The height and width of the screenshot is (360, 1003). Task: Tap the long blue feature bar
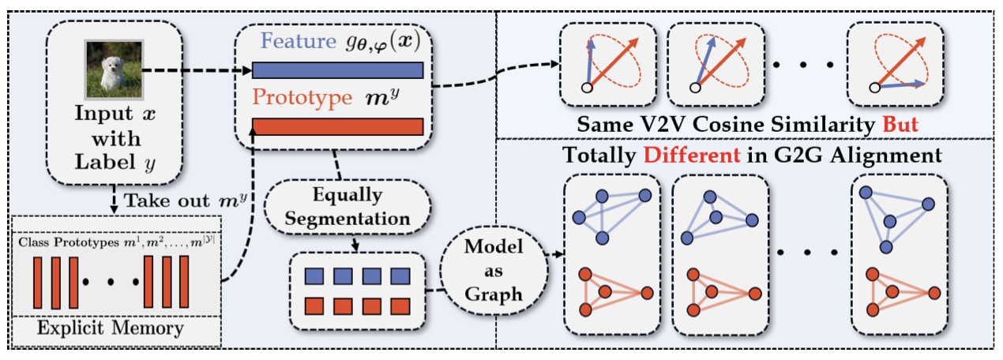(x=337, y=70)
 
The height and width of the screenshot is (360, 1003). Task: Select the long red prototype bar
(x=337, y=126)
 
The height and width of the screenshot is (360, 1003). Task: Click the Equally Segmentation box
(x=348, y=205)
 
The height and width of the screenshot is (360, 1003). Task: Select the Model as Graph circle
(x=493, y=270)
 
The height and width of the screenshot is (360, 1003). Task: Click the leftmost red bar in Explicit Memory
(x=36, y=282)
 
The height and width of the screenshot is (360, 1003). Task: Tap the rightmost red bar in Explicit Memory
(x=184, y=282)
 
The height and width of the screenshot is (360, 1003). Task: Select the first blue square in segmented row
(x=312, y=276)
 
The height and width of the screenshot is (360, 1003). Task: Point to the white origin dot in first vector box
(x=585, y=88)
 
